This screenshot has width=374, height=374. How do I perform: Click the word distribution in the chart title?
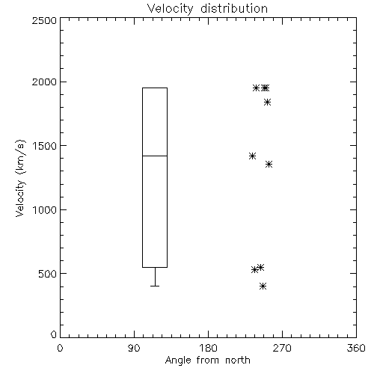(234, 8)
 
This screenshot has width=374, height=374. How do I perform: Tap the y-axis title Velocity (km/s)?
(20, 178)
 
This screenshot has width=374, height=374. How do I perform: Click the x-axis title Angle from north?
(207, 361)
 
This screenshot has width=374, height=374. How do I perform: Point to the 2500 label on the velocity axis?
(44, 20)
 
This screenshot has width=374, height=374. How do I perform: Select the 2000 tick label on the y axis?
(44, 82)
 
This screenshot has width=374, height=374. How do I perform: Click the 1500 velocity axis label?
(45, 146)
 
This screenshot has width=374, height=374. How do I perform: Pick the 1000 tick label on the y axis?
(45, 209)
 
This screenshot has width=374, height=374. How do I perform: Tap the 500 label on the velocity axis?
(48, 274)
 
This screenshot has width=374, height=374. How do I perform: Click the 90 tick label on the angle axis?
(134, 348)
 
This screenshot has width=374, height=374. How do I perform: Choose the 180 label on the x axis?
(208, 348)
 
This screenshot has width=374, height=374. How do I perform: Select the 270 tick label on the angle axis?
(282, 348)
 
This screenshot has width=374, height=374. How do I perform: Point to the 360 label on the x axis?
(356, 348)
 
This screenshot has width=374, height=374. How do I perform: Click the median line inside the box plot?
(155, 156)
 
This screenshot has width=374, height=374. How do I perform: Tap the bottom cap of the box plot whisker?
(155, 286)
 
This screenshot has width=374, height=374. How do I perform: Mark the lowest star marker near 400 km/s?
(263, 286)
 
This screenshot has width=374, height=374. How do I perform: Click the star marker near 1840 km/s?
(267, 102)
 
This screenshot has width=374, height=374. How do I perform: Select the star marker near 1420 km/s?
(252, 156)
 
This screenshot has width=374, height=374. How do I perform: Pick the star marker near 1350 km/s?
(269, 164)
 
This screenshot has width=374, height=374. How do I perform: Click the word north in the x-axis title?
(238, 361)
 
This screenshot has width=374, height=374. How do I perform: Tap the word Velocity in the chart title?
(170, 9)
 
